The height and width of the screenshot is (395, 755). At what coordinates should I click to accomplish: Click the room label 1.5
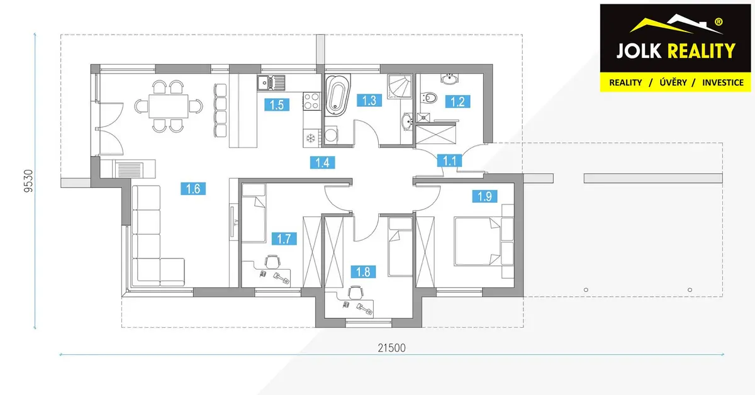pyautogui.click(x=277, y=105)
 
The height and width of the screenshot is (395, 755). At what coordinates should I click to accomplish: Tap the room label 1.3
pyautogui.click(x=369, y=101)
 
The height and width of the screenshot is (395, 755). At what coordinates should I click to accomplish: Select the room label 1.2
pyautogui.click(x=458, y=101)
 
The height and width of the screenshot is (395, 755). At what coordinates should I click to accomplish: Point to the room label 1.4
pyautogui.click(x=323, y=162)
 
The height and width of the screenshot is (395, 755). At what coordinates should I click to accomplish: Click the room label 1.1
pyautogui.click(x=450, y=160)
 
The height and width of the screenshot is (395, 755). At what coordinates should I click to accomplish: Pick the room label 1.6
pyautogui.click(x=193, y=189)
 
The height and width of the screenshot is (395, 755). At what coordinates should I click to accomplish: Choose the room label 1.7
pyautogui.click(x=284, y=238)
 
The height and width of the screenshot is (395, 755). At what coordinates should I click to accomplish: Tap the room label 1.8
pyautogui.click(x=364, y=272)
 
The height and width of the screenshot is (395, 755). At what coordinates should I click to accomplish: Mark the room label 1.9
pyautogui.click(x=484, y=196)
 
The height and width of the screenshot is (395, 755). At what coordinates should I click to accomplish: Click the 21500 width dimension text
pyautogui.click(x=391, y=348)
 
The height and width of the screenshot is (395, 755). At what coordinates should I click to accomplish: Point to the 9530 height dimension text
pyautogui.click(x=29, y=181)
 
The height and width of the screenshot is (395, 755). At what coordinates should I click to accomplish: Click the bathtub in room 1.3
pyautogui.click(x=337, y=96)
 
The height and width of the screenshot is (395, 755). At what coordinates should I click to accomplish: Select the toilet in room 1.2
pyautogui.click(x=429, y=97)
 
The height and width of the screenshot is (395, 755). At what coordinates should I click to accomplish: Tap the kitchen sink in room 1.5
pyautogui.click(x=271, y=82)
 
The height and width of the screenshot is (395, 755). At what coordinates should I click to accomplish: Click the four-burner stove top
pyautogui.click(x=311, y=101)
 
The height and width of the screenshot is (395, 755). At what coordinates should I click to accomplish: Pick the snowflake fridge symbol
pyautogui.click(x=310, y=138)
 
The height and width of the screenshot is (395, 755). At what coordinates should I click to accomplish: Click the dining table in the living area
pyautogui.click(x=168, y=106)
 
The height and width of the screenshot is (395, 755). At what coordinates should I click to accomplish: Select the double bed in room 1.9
pyautogui.click(x=478, y=242)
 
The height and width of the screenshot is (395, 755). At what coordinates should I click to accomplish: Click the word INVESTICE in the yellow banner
pyautogui.click(x=723, y=82)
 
